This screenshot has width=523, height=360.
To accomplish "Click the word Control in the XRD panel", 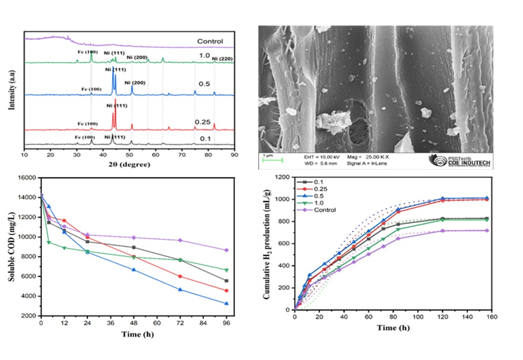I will coord(209,41).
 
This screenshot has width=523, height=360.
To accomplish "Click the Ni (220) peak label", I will coord(223,59).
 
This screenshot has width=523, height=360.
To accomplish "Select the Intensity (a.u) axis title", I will coord(10,90).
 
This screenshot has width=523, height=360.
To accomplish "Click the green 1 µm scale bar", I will coord(273,160).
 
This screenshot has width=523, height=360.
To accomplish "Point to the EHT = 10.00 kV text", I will coord(320,157).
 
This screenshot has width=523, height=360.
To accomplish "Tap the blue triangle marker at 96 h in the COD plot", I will coord(227,303).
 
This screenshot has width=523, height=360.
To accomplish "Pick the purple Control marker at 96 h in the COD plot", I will coord(227,250).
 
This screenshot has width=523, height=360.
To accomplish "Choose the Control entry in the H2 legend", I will coord(325,210).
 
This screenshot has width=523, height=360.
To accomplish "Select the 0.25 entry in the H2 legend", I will coord(321,189).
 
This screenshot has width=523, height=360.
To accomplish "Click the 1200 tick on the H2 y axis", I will coord(282,177).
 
